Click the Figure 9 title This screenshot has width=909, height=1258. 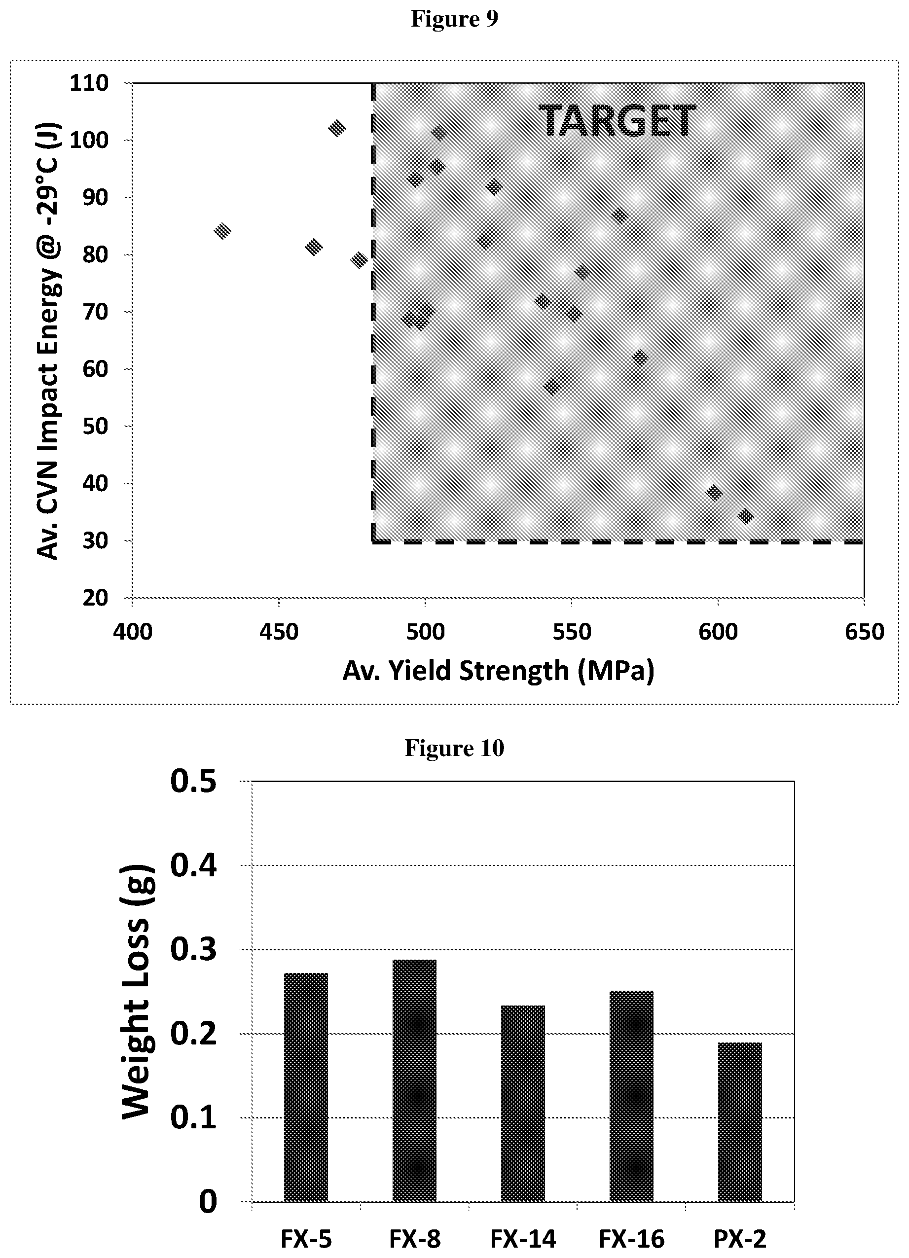(454, 19)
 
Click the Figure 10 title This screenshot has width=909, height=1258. (454, 748)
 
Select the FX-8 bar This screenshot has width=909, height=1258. (414, 1080)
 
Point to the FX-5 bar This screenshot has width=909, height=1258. (306, 1087)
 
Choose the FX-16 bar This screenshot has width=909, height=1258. (631, 1096)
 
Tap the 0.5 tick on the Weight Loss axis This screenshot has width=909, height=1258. (193, 782)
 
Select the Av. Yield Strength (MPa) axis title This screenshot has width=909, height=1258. (498, 671)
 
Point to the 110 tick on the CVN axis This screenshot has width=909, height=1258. (89, 83)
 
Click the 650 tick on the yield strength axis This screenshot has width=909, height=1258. (864, 631)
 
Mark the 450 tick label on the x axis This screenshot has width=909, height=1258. (278, 631)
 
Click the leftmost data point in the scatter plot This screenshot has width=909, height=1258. (222, 231)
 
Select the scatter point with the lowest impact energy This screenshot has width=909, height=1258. (745, 516)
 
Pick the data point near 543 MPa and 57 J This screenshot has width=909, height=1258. (551, 387)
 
